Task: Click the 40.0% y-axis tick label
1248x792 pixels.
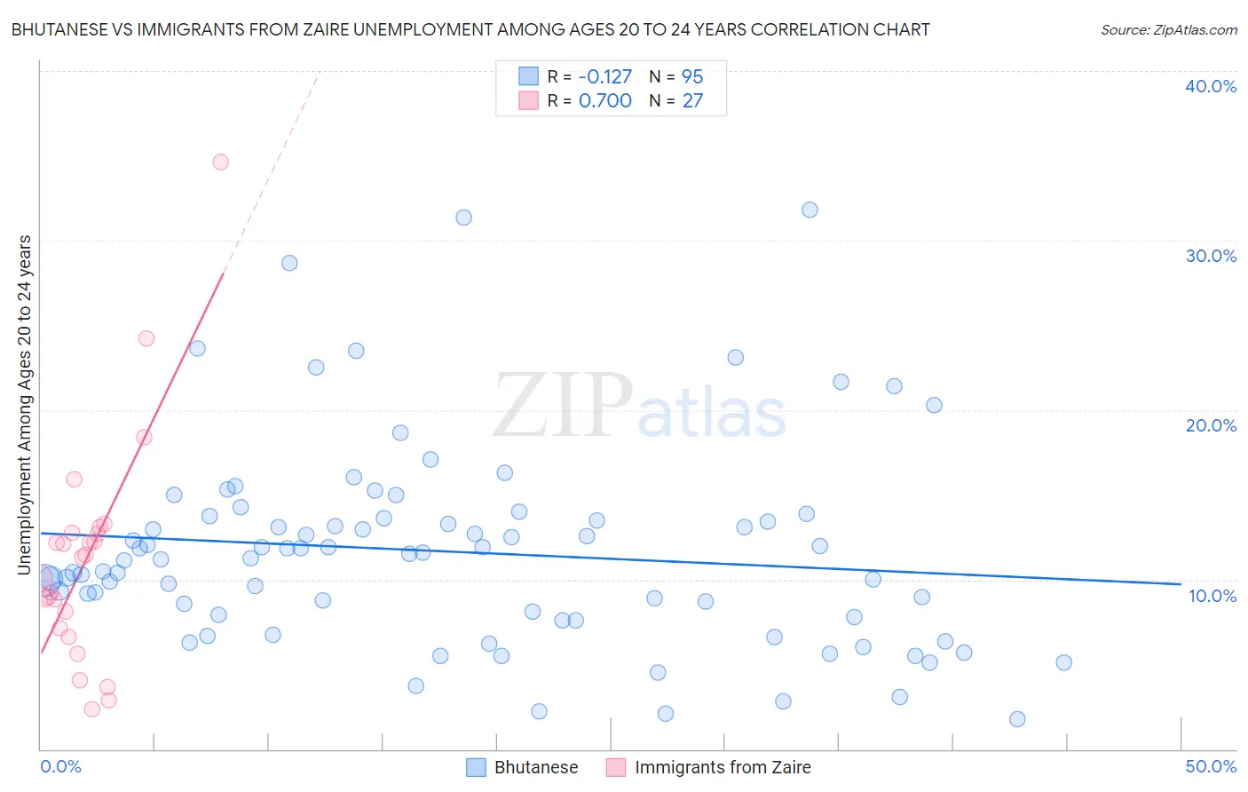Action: [x=1211, y=86]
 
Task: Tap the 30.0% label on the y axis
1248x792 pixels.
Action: [x=1211, y=256]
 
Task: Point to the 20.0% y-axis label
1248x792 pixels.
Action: [x=1211, y=425]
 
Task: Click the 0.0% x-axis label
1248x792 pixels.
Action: [x=60, y=766]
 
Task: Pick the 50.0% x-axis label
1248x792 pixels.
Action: [x=1211, y=766]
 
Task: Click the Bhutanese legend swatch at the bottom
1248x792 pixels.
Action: [x=477, y=767]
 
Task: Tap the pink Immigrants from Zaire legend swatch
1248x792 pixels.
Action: [x=616, y=767]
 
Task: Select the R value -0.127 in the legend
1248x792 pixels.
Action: [x=604, y=76]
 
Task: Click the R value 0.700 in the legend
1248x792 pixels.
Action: [x=604, y=100]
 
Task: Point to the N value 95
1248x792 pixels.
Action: [x=692, y=76]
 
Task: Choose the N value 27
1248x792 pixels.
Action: [x=692, y=100]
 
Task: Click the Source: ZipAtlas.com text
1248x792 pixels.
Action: [x=1168, y=29]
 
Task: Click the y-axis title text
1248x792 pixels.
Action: [x=25, y=405]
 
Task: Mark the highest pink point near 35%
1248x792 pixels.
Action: [x=220, y=162]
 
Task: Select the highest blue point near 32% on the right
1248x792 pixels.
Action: [x=810, y=210]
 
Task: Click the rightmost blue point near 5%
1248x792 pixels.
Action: [x=1063, y=662]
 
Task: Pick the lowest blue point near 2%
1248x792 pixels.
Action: [x=1017, y=719]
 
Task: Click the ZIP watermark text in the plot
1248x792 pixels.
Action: [x=563, y=408]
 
